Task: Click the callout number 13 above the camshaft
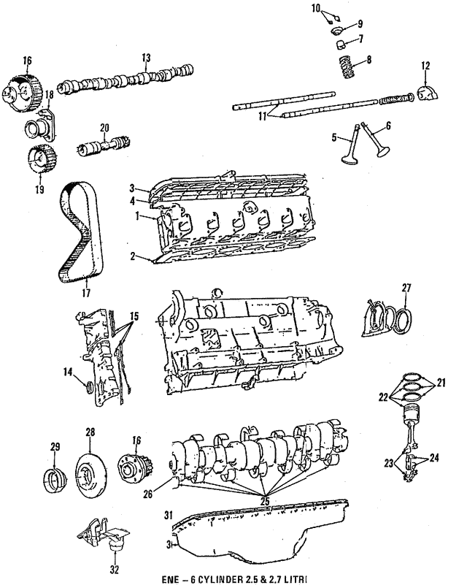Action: (x=146, y=58)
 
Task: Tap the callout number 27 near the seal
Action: (x=407, y=288)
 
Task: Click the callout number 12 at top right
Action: (x=425, y=67)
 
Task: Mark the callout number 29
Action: (x=55, y=446)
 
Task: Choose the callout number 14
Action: (x=67, y=372)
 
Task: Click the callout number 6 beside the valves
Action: (x=387, y=126)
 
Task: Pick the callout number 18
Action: (x=50, y=95)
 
